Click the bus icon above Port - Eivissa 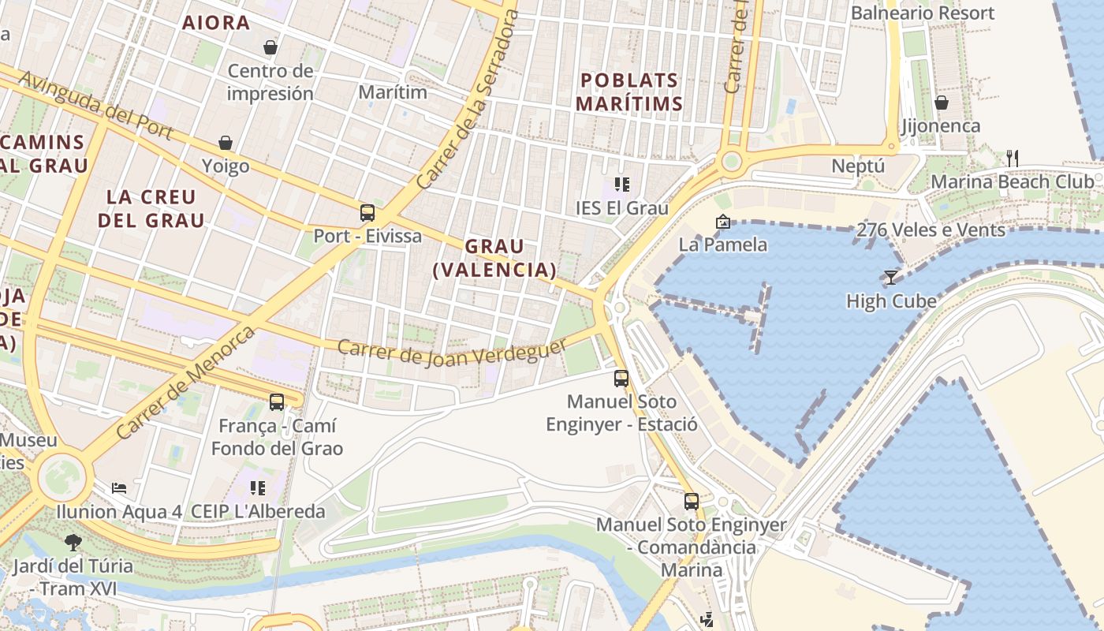[367, 213]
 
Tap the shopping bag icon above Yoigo [226, 143]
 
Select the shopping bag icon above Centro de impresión [270, 47]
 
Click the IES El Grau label [622, 208]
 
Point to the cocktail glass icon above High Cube [891, 278]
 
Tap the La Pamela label [723, 245]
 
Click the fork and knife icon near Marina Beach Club [1013, 159]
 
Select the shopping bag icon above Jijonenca [942, 103]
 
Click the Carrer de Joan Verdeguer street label [452, 351]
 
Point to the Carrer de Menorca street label [186, 383]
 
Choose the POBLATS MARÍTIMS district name [628, 91]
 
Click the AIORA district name [216, 23]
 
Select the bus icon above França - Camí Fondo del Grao [277, 402]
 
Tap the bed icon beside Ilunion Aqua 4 [119, 487]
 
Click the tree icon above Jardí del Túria [73, 543]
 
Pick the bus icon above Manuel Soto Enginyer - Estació [621, 378]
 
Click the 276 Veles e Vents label [931, 230]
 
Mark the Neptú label [859, 166]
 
